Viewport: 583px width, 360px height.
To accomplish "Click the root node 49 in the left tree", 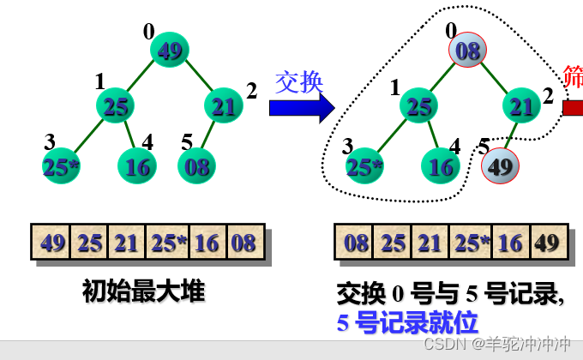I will (170, 51).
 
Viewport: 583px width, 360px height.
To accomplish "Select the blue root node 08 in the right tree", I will (468, 51).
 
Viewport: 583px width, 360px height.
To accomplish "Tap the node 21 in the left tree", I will (224, 106).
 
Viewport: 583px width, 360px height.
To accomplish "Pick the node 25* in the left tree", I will (62, 166).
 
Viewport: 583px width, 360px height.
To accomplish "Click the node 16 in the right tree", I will (441, 165).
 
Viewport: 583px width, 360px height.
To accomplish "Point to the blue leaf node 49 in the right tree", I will (500, 165).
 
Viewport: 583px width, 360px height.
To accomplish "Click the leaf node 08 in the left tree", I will (196, 165).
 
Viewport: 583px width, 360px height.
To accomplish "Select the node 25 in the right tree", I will (418, 106).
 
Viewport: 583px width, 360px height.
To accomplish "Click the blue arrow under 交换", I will (301, 108).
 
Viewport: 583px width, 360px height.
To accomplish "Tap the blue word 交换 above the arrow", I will (299, 81).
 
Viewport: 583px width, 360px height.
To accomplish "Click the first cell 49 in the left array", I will (52, 243).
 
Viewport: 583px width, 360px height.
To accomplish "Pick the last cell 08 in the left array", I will (244, 243).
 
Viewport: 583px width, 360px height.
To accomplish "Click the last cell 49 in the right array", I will (547, 243).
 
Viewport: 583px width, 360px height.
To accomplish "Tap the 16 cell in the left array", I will (207, 243).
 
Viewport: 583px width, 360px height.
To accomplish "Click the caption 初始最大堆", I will (144, 291).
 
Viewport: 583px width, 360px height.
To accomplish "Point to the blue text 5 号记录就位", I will (407, 321).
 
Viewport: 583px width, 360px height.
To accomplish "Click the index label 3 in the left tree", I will (50, 141).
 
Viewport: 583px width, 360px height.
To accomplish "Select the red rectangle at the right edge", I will (573, 107).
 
